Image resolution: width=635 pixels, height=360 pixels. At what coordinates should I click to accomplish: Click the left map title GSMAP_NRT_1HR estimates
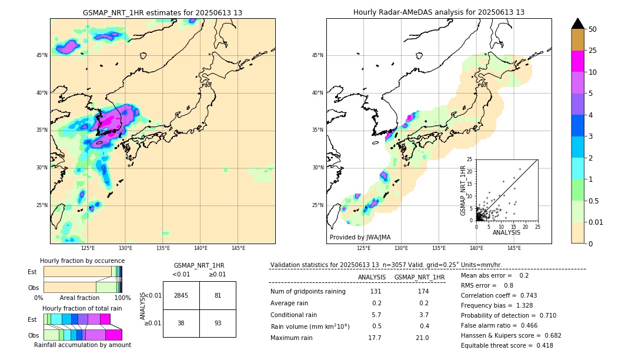point(162,12)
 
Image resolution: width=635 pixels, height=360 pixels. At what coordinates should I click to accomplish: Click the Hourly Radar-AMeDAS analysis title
point(439,12)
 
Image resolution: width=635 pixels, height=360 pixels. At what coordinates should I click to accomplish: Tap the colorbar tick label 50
point(593,29)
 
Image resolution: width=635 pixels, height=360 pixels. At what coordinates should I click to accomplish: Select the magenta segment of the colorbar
point(578,61)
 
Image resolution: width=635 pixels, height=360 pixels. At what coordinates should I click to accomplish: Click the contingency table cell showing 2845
point(181,295)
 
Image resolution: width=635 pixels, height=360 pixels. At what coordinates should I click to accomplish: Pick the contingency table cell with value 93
point(218,323)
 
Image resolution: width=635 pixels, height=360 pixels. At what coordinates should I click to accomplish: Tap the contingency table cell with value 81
point(218,295)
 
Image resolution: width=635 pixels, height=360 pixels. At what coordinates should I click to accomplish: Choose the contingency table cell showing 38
point(181,323)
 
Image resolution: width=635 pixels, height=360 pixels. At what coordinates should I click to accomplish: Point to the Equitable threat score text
point(507,345)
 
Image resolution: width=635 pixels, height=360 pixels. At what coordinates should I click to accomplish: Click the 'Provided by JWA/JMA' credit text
point(360,237)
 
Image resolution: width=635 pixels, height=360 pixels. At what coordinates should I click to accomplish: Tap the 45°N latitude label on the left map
point(42,55)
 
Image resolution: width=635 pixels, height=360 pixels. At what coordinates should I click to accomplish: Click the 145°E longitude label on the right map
point(514,248)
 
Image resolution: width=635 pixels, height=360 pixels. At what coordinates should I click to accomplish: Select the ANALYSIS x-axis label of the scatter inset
point(506,232)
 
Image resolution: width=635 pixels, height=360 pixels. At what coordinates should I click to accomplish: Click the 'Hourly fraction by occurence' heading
point(82,261)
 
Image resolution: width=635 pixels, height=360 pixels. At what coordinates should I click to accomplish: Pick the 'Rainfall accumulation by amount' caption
point(82,345)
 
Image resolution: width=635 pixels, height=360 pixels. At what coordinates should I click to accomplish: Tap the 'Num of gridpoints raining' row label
point(308,292)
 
